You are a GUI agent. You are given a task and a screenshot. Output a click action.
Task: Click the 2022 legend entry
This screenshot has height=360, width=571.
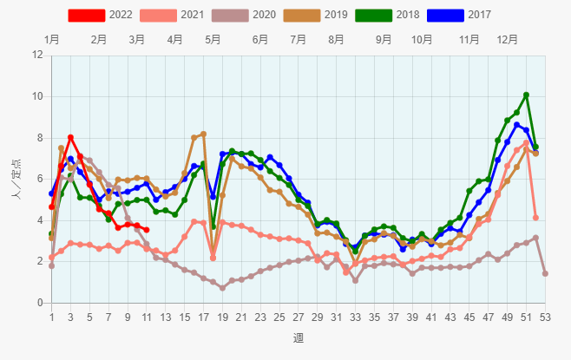click(x=100, y=15)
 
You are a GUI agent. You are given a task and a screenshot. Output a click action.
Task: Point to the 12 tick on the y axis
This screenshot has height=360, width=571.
click(x=38, y=55)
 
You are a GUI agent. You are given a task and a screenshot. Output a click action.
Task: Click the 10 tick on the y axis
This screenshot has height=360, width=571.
click(x=38, y=96)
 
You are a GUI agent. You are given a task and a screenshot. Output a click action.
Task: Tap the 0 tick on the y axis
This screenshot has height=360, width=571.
click(x=41, y=303)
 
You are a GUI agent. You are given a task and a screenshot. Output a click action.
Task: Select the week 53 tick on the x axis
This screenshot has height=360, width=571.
click(x=545, y=317)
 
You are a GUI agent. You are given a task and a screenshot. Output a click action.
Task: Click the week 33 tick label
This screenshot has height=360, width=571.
click(x=355, y=317)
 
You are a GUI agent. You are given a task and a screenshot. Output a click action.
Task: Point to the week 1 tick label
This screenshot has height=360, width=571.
click(x=51, y=317)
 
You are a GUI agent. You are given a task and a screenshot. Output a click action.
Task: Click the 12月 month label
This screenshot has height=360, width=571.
click(x=508, y=39)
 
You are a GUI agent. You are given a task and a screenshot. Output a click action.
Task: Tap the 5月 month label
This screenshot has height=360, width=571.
click(x=213, y=39)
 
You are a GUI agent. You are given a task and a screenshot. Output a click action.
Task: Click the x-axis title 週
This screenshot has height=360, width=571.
click(x=298, y=337)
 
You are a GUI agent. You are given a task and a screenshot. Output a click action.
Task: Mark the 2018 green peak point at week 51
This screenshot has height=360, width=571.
click(x=526, y=95)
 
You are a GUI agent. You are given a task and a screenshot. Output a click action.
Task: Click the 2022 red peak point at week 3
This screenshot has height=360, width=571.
click(x=70, y=137)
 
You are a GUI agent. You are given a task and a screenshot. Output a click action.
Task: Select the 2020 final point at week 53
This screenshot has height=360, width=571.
click(x=545, y=273)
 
